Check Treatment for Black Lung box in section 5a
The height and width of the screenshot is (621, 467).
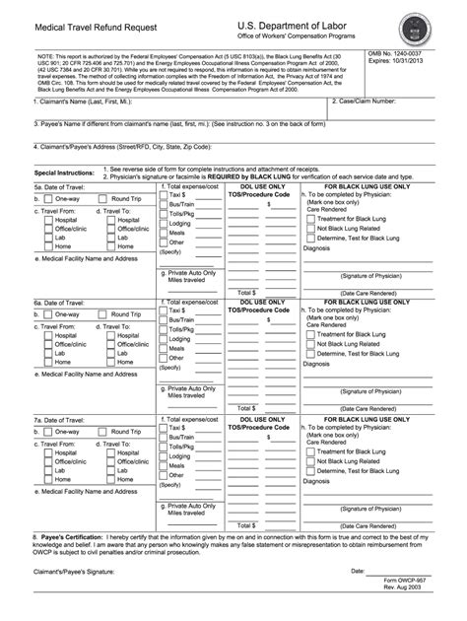310,244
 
